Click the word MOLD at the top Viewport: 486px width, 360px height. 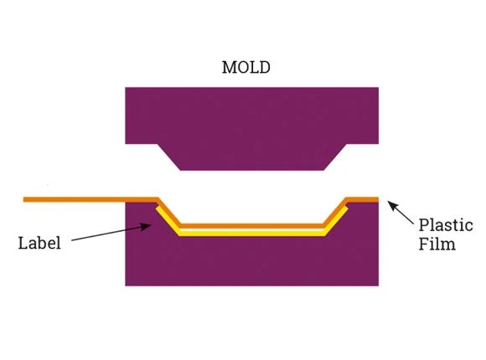[246, 67]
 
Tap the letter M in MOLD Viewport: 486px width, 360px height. [229, 67]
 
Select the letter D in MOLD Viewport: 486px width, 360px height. [265, 67]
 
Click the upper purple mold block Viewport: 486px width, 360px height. [251, 124]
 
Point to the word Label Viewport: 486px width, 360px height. [39, 243]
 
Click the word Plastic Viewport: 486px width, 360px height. [446, 225]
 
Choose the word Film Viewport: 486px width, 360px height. [437, 244]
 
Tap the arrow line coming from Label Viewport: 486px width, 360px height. [111, 233]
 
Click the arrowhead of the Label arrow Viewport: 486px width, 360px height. [147, 227]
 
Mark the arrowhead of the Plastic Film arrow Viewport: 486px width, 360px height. [392, 205]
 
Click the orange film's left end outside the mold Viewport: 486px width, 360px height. [24, 199]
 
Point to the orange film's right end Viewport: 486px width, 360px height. [378, 199]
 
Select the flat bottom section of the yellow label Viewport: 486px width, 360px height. [251, 234]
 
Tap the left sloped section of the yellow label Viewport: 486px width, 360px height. [168, 221]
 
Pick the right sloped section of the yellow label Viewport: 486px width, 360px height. [336, 221]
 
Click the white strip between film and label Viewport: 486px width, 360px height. [251, 230]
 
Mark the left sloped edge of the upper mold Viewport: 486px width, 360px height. [169, 157]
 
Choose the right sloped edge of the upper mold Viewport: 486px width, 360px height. [335, 157]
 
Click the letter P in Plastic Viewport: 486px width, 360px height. [424, 225]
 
